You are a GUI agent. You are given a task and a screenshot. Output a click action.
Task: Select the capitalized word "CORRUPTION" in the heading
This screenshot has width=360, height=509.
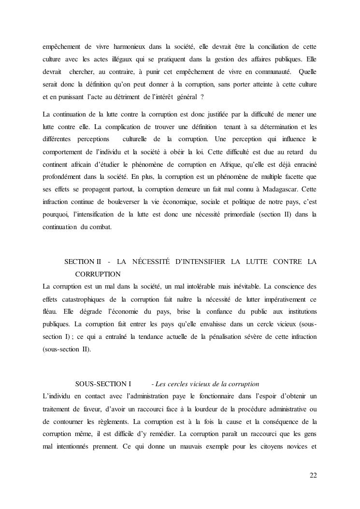tap(98, 274)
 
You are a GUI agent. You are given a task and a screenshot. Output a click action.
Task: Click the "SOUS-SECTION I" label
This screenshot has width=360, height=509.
tap(103, 384)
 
